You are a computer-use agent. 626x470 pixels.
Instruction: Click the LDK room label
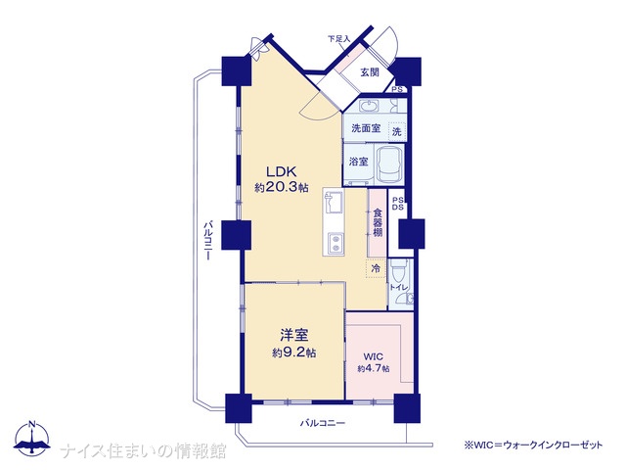click(281, 172)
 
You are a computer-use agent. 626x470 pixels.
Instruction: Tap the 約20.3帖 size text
click(282, 187)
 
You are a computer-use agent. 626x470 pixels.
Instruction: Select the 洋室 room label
click(294, 335)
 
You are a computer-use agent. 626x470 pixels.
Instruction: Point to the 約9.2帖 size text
click(294, 352)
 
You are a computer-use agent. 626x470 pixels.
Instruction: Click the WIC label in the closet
click(373, 356)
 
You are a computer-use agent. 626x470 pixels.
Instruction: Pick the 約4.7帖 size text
click(374, 369)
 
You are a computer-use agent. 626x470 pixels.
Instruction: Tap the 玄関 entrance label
click(370, 72)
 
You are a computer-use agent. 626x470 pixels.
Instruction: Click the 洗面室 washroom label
click(366, 128)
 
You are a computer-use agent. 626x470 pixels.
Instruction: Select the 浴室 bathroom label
click(359, 162)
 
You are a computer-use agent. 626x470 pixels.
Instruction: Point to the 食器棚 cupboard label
click(378, 222)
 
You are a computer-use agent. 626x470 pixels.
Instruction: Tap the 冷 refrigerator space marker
click(376, 269)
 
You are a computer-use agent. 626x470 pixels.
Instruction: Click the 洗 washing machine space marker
click(396, 131)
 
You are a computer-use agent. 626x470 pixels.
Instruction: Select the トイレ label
click(398, 287)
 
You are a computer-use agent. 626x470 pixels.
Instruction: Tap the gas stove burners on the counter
click(335, 244)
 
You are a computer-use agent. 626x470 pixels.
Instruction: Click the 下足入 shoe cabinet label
click(338, 39)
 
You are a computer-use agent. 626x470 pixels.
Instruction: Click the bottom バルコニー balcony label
click(323, 423)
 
